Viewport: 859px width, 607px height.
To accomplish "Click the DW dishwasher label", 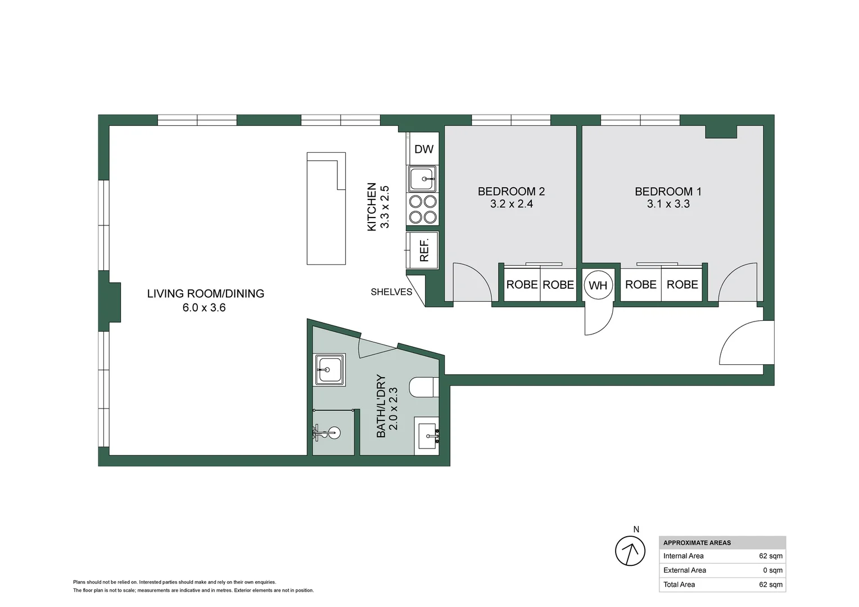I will pos(423,149).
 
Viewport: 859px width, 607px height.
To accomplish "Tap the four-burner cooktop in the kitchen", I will pos(423,209).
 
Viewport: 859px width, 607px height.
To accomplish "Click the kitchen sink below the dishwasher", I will pos(422,179).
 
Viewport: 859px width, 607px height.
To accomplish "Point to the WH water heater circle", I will pos(598,285).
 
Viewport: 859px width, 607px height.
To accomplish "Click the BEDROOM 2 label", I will pos(511,191).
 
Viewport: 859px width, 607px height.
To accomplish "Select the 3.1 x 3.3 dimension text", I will pos(668,204).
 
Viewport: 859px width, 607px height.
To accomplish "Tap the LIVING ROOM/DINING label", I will pos(205,293).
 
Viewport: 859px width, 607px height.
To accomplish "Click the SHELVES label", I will pos(391,292).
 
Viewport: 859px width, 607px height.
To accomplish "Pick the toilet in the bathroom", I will pos(423,387).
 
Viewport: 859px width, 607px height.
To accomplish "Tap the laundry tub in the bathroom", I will pos(329,370).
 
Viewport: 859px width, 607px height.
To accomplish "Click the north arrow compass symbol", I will pos(630,551).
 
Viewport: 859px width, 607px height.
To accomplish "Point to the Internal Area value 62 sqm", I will pos(770,556).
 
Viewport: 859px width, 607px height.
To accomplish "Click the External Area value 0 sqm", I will pos(772,570).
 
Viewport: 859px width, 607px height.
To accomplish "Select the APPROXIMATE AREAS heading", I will pos(697,543).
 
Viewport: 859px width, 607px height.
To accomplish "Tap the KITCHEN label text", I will pos(372,207).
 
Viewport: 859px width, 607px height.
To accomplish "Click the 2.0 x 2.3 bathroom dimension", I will pos(394,409).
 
